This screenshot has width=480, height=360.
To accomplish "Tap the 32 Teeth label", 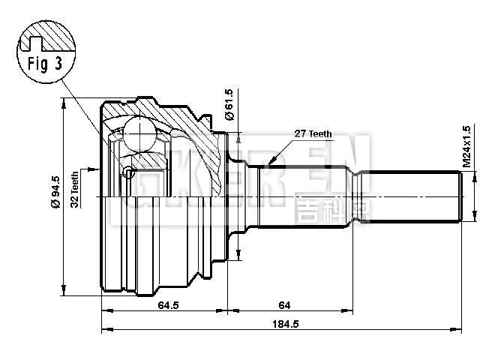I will point(75,189).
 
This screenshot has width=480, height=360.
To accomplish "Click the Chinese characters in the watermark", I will point(322,209).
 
